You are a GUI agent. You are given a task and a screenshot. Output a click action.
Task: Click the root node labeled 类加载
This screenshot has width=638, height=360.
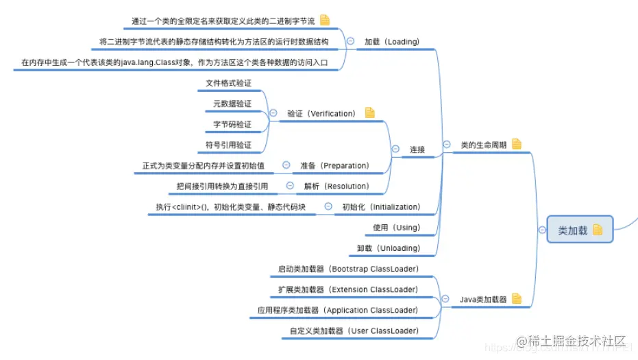(573, 230)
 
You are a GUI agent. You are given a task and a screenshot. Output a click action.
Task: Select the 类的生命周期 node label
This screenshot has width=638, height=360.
(483, 145)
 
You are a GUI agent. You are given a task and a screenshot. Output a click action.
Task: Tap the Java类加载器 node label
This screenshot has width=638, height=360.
(483, 299)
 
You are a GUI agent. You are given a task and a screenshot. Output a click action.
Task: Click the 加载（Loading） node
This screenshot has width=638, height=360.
(391, 42)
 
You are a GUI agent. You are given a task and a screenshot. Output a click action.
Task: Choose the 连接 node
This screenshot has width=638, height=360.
(417, 149)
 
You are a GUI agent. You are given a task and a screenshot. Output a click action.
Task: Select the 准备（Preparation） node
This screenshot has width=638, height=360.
(334, 165)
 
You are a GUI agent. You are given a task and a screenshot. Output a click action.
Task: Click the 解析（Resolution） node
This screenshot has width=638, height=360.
(336, 186)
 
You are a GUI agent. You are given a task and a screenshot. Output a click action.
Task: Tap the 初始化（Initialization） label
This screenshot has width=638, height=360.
(381, 206)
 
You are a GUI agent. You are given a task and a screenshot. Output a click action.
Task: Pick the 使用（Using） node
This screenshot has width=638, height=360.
(396, 227)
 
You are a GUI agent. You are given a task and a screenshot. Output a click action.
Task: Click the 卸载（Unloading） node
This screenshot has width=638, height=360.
(389, 248)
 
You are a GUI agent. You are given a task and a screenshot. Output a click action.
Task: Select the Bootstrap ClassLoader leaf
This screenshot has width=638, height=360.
(348, 269)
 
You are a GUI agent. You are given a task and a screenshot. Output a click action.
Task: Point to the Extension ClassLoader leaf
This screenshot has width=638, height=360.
(348, 289)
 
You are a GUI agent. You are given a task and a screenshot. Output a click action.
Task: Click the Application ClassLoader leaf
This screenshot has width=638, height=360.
(338, 310)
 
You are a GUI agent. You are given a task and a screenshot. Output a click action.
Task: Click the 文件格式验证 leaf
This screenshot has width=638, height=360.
(228, 83)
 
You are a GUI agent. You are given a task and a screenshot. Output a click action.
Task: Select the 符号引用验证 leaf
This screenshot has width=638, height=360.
(228, 145)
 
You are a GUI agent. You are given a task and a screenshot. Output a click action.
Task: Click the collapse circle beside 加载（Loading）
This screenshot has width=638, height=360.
(350, 42)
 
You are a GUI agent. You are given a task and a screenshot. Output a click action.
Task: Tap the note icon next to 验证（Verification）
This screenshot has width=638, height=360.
(370, 112)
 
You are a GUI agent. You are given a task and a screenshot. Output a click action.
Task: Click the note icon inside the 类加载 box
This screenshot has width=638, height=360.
(598, 230)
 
